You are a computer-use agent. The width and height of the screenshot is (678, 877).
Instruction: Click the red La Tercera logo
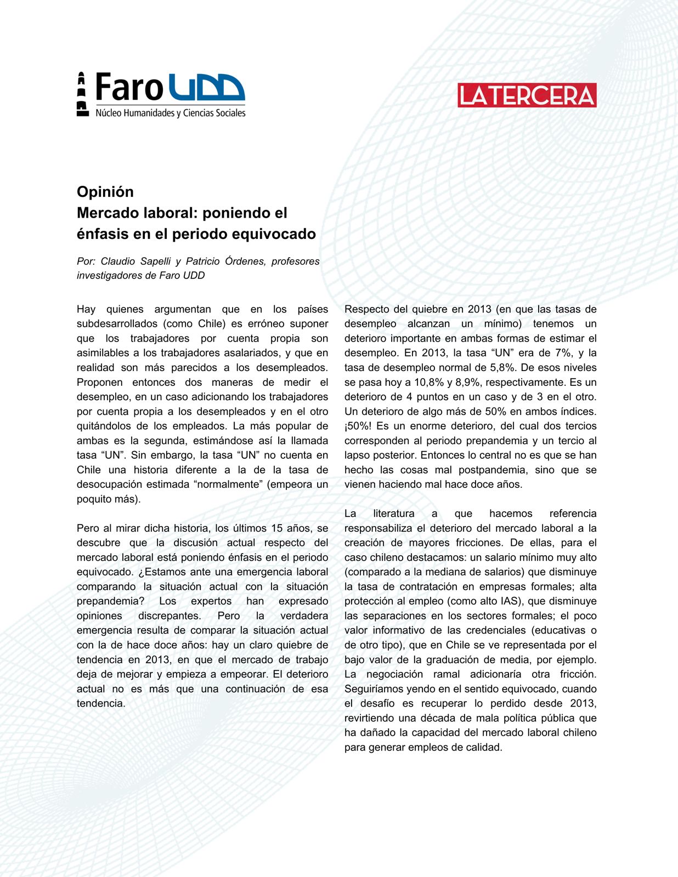527,95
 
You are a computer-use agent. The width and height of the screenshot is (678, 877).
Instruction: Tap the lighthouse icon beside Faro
82,94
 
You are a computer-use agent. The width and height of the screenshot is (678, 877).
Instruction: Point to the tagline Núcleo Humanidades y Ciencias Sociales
170,113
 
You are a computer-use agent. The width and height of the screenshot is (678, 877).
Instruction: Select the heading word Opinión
105,192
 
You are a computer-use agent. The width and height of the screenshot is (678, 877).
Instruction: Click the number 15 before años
277,528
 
